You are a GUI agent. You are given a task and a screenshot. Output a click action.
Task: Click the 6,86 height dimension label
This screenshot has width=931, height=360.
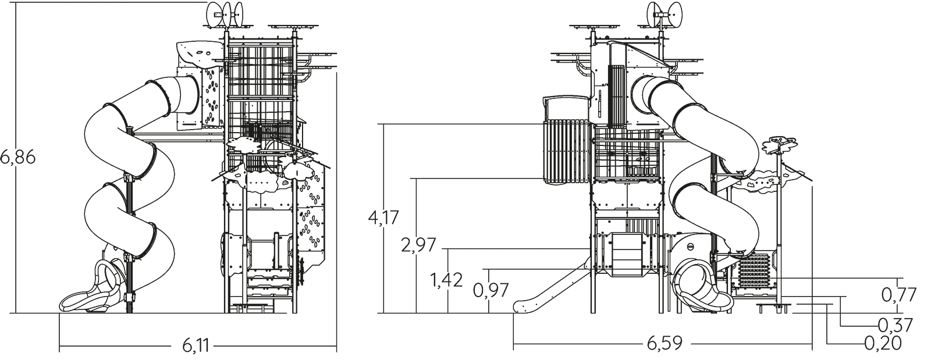coord(17,158)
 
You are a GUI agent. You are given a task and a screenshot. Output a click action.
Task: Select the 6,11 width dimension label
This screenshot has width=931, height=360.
coord(196,345)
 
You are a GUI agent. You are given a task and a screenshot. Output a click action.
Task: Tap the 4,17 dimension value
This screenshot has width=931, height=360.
coord(383,218)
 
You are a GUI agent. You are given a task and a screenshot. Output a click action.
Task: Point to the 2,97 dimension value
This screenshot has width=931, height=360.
coord(418,245)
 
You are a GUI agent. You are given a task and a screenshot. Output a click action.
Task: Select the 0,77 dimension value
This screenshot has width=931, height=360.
coord(899,295)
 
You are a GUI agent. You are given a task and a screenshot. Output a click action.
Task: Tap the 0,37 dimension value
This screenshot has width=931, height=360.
coord(895,325)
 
